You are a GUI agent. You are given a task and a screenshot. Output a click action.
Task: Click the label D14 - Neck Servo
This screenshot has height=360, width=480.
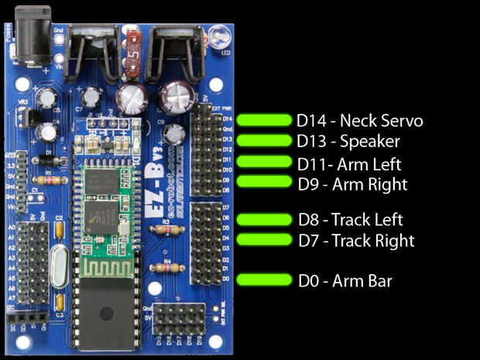point(359,121)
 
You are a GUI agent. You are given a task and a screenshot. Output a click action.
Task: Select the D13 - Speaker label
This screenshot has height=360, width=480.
point(348,142)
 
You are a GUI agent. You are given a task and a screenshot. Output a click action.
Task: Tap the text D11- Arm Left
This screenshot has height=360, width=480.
point(349,163)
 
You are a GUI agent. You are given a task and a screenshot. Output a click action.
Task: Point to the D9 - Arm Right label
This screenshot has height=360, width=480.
point(352,184)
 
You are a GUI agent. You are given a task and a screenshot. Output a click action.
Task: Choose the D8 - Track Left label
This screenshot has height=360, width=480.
point(350,220)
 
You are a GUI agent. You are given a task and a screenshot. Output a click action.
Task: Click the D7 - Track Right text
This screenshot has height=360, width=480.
point(355,241)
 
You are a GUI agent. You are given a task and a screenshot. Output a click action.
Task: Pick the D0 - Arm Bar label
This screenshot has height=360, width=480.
point(345,280)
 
